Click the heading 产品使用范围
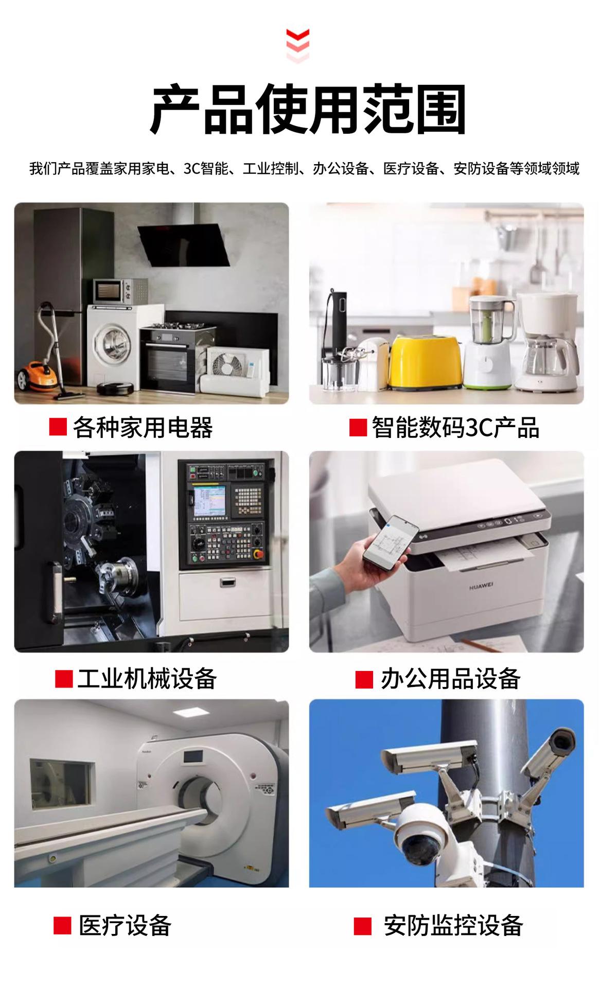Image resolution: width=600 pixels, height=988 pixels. (x=308, y=110)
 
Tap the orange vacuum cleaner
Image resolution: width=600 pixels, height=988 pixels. (x=37, y=375)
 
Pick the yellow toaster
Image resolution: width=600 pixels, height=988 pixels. (x=425, y=362)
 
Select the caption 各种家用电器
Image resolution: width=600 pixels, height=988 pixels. (x=143, y=428)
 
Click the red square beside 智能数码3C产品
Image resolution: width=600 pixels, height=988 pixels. (x=358, y=428)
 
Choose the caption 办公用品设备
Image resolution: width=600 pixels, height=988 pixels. (x=450, y=679)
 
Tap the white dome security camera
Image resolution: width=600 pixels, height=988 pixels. (x=418, y=834)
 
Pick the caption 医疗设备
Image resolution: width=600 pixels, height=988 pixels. (x=125, y=925)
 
